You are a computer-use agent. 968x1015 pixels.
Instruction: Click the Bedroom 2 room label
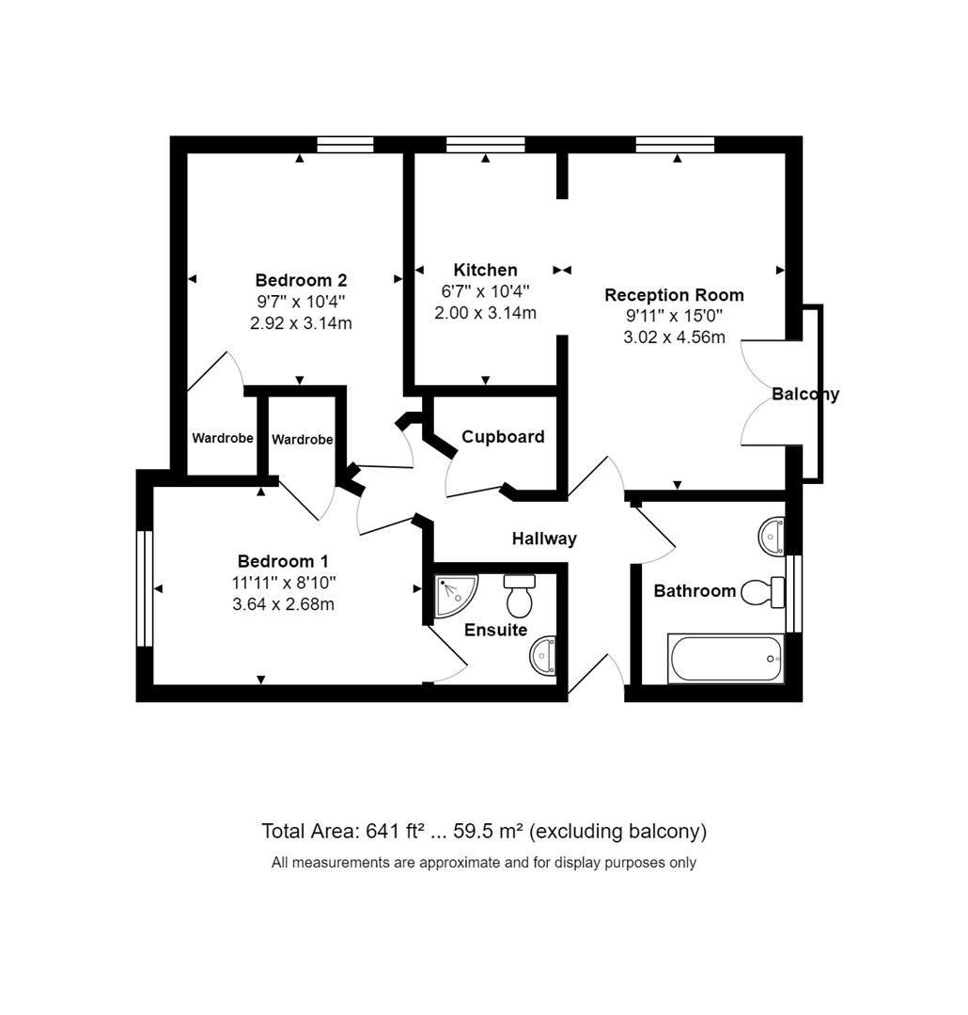[301, 280]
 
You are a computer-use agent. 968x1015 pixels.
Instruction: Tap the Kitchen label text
[485, 270]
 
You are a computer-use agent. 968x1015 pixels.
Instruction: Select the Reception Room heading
[674, 295]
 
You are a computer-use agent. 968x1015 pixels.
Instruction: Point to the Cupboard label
[503, 437]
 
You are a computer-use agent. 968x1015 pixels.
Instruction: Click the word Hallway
[544, 539]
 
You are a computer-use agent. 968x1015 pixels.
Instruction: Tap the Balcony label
[805, 394]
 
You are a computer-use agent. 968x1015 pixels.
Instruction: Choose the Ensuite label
[496, 630]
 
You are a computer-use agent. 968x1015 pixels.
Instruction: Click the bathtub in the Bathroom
[726, 658]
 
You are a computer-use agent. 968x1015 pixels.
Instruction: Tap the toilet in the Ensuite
[520, 595]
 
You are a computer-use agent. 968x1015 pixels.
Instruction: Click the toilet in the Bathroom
[763, 592]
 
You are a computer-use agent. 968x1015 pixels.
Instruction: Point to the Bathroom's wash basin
[772, 536]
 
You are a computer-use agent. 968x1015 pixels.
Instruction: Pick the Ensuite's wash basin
[543, 656]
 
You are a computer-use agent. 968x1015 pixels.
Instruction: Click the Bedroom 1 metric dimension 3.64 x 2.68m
[283, 604]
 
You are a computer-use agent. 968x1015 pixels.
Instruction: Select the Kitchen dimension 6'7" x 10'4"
[485, 291]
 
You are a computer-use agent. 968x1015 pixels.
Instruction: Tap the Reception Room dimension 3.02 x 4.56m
[674, 337]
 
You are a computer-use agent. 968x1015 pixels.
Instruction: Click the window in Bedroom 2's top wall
[345, 145]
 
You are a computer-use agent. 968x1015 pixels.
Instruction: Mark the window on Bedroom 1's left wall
[145, 588]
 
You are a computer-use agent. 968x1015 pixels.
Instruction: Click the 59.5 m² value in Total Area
[488, 831]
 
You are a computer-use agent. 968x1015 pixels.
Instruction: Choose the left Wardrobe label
[223, 438]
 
